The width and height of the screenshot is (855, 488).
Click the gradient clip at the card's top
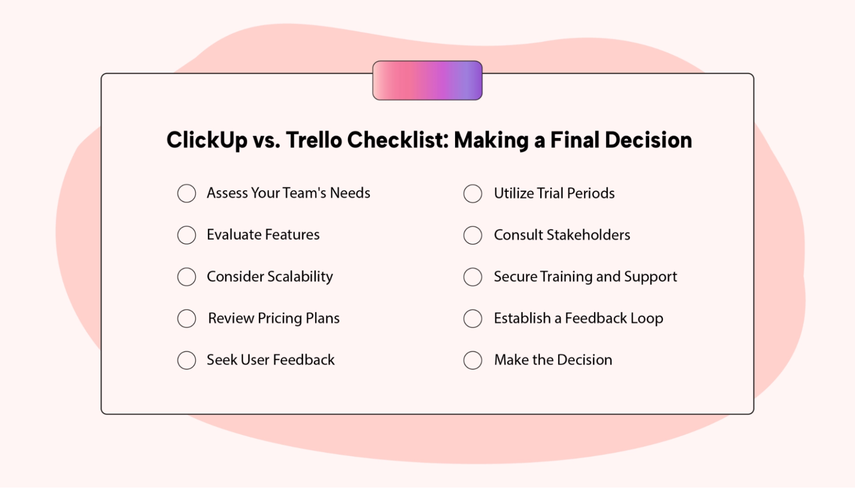(x=427, y=81)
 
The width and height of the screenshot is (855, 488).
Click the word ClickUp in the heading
(x=207, y=140)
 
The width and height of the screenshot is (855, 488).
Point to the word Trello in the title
(x=314, y=140)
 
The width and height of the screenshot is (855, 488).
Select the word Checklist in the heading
(x=398, y=140)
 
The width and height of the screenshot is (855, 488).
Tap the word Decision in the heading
(x=648, y=140)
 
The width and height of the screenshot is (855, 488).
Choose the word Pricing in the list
(x=280, y=319)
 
